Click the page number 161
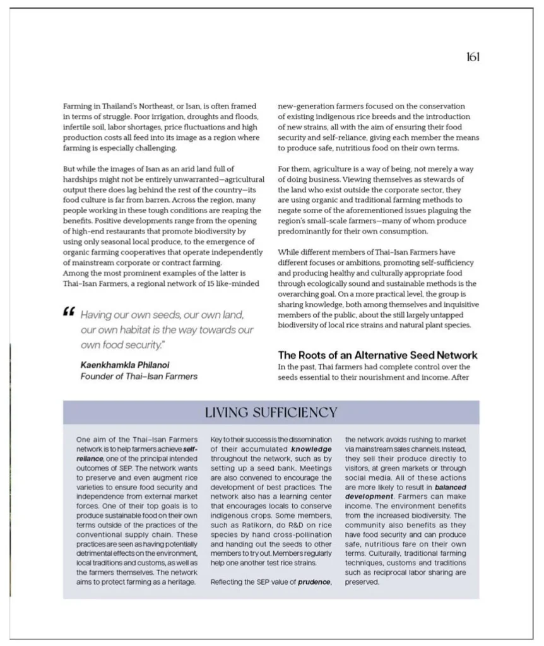pos(473,57)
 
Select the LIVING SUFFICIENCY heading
pos(271,413)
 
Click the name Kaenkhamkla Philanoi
pos(124,365)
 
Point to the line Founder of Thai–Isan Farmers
pos(138,376)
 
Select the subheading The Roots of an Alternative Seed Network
pos(377,355)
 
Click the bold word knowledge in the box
pos(311,449)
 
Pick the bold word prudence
pos(314,582)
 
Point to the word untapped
pos(450,315)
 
